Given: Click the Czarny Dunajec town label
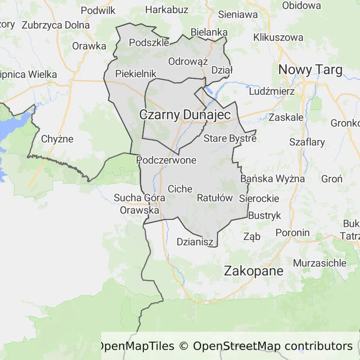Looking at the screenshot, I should (185, 115).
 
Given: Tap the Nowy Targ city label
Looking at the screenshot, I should (310, 70).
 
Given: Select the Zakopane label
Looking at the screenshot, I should (254, 271).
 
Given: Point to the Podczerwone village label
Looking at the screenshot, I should (166, 160).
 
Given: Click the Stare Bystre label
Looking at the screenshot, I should (230, 139).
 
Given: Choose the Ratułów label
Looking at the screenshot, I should (215, 198).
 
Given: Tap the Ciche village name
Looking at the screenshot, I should (180, 189).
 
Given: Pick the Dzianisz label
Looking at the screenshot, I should (195, 242).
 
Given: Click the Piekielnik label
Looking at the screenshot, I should (135, 74).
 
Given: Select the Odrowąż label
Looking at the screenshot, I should (187, 61).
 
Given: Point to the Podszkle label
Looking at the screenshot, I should (149, 43).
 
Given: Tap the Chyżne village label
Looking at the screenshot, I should (57, 139).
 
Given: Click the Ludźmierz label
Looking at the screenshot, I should (272, 91).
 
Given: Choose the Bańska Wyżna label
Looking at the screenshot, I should (272, 179).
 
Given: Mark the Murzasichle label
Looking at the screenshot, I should (320, 263).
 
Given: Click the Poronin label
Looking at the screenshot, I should (292, 233).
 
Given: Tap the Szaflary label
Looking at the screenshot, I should (307, 142).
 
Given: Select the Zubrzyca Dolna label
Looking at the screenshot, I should (55, 25).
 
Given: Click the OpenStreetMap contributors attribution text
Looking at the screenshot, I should (272, 346).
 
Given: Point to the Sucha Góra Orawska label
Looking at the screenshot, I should (139, 204).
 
